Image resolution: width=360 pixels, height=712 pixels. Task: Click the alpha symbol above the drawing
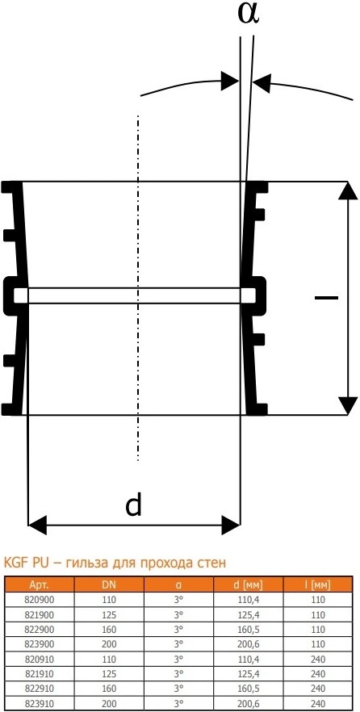249,13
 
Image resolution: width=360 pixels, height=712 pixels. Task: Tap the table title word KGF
15,563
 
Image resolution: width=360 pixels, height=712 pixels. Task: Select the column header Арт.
38,584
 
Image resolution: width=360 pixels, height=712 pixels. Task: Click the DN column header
109,584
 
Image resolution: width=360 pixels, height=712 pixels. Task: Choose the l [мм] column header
318,584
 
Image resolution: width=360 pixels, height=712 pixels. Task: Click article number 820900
38,599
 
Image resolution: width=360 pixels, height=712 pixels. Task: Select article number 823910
38,704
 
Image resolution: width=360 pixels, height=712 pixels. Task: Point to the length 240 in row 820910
318,660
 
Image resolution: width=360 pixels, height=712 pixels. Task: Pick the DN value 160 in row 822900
109,630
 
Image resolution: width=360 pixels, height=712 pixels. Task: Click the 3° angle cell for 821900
179,614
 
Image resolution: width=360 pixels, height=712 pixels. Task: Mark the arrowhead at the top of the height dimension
348,191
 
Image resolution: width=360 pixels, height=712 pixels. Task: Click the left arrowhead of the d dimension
38,526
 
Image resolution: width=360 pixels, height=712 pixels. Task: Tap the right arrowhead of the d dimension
231,526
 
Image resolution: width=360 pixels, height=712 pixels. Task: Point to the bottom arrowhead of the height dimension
348,405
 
